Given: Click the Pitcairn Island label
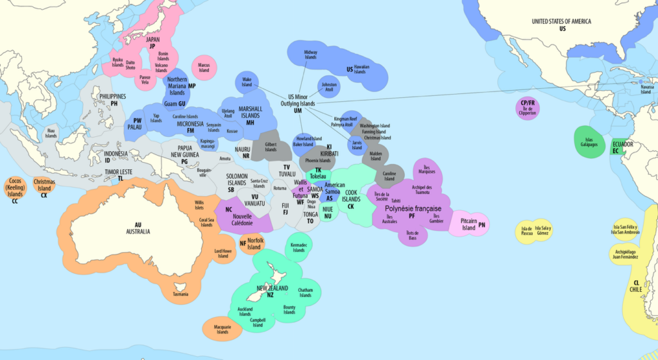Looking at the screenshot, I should [x=468, y=224].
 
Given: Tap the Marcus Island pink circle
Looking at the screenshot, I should [x=204, y=67].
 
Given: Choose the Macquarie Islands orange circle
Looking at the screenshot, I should [x=222, y=329].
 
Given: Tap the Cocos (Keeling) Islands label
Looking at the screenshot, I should [x=15, y=189].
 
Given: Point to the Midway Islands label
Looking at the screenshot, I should [x=310, y=55].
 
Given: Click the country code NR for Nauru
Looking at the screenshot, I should [x=246, y=156].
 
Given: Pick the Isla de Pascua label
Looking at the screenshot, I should [x=527, y=231].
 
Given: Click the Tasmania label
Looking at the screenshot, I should [x=181, y=294].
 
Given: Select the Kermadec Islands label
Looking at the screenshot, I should [x=299, y=248].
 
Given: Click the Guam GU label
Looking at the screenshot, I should [x=175, y=104].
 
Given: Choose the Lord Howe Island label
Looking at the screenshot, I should [x=223, y=253].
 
